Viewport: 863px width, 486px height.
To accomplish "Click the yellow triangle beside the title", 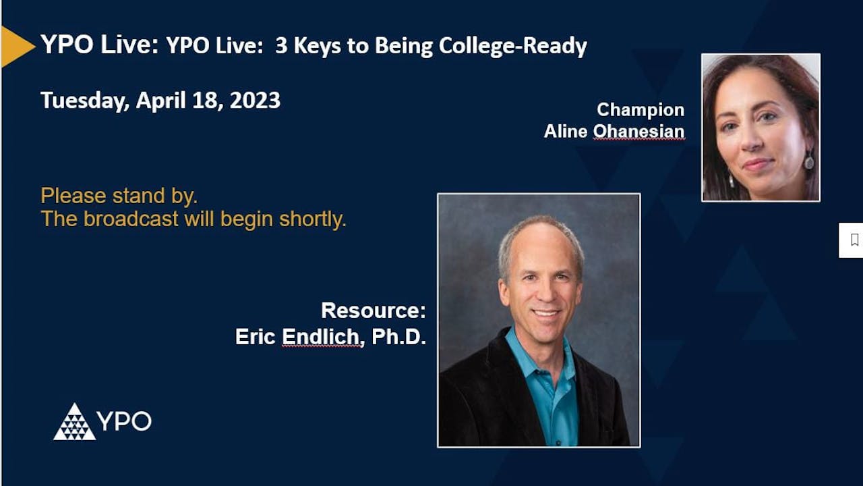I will [x=15, y=47].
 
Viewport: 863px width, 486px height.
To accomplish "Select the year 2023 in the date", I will [x=255, y=101].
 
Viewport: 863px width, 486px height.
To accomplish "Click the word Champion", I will [x=640, y=109].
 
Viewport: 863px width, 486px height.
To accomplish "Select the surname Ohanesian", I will [x=638, y=131].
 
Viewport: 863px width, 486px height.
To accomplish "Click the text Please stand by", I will [x=119, y=196].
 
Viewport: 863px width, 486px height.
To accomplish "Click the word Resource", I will [x=373, y=310].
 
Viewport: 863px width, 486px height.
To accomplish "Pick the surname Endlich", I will [x=322, y=337].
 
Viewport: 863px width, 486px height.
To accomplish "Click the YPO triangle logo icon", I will [x=74, y=423].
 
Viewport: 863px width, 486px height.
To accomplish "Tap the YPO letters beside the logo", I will [x=125, y=421].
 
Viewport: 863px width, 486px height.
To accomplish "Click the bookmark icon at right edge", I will [x=854, y=240].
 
